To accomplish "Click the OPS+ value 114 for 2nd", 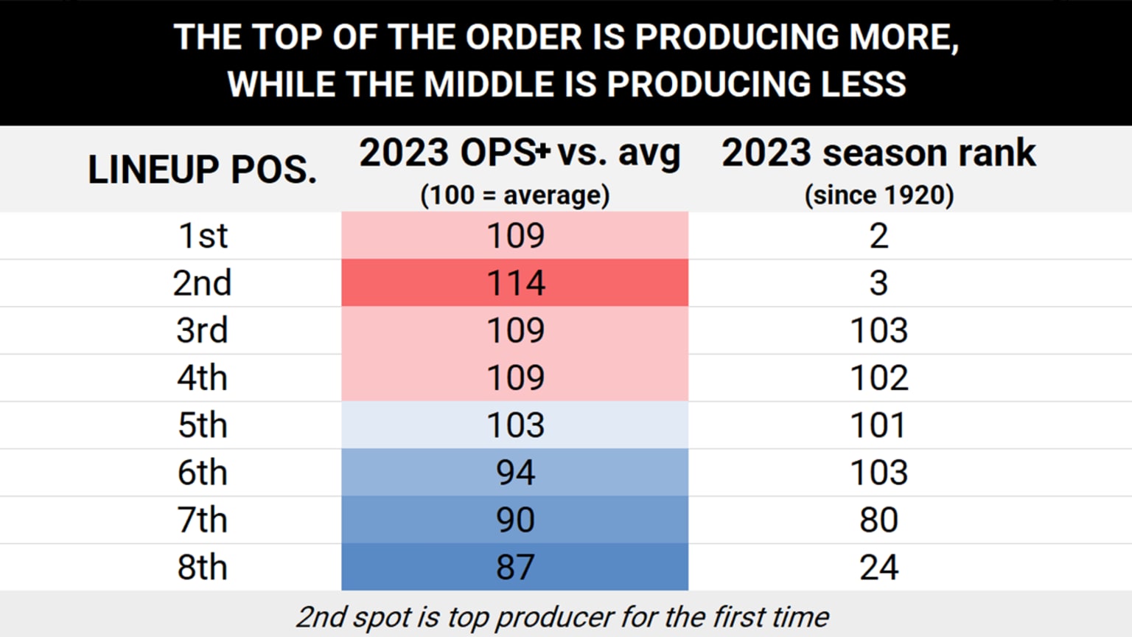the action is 515,283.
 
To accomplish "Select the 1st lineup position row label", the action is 203,236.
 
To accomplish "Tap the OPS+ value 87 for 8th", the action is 515,567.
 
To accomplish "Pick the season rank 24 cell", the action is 878,567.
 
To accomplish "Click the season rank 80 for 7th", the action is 878,520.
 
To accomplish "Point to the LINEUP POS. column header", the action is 202,169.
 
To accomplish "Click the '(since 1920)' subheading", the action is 878,195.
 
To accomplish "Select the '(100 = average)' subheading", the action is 515,195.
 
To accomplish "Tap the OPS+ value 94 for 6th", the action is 515,473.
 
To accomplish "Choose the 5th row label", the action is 202,425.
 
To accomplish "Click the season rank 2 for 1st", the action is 878,236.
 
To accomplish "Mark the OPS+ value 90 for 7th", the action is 515,520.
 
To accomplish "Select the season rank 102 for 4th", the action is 878,377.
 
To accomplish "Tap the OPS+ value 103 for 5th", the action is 515,425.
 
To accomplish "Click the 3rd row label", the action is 202,330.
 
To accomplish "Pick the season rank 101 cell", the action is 878,425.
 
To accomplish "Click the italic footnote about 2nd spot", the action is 562,617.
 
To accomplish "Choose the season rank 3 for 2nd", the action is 878,283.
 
